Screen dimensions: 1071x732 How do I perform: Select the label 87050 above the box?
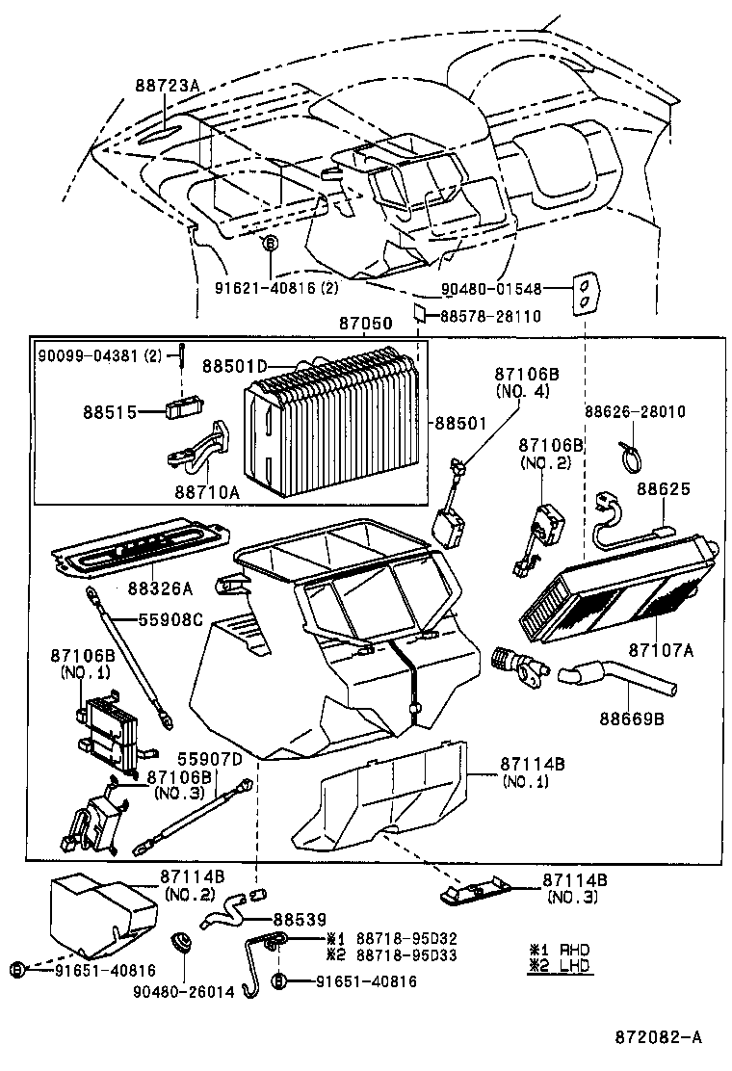pyautogui.click(x=366, y=326)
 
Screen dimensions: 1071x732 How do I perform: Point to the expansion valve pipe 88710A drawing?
pyautogui.click(x=197, y=448)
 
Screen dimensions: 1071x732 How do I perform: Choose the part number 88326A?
pyautogui.click(x=160, y=587)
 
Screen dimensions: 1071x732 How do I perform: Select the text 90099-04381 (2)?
pyautogui.click(x=101, y=355)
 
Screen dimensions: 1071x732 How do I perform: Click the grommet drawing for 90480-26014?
pyautogui.click(x=180, y=940)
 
